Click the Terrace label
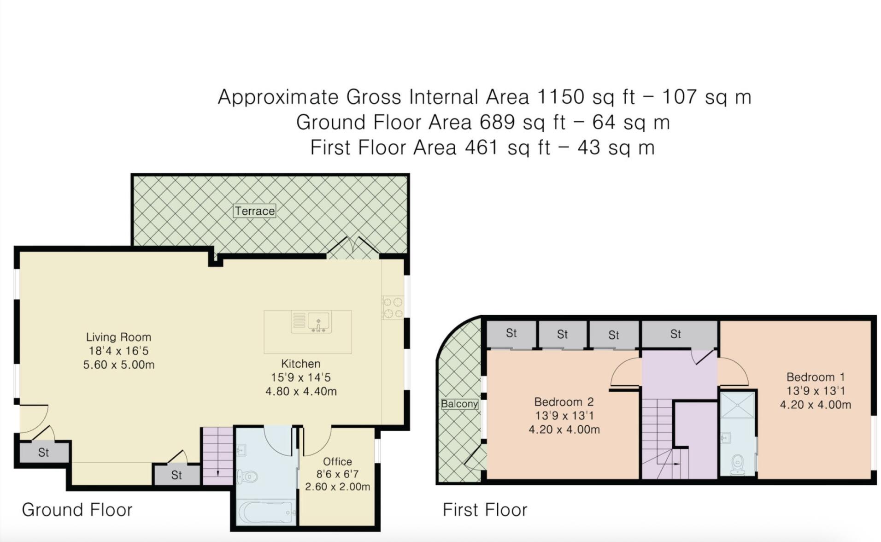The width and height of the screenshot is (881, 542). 254,211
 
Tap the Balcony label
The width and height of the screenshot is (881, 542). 459,404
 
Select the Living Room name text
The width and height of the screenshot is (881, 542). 118,337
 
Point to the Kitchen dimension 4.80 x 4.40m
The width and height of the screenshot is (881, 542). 301,391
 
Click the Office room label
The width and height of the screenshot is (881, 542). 337,461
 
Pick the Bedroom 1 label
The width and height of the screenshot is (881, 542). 816,377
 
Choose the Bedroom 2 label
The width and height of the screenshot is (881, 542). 564,402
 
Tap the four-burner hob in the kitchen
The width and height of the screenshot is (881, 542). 393,308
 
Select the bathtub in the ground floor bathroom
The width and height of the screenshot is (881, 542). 266,512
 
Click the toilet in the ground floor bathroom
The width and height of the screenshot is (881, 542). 247,476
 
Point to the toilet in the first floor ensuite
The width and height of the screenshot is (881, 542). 737,465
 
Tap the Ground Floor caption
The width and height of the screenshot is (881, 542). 77,510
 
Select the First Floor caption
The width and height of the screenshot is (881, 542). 485,510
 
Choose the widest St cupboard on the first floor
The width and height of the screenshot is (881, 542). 680,334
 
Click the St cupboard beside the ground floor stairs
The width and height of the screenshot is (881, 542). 176,475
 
